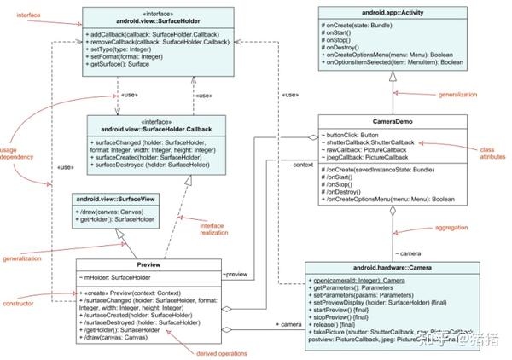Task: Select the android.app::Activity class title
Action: click(392, 14)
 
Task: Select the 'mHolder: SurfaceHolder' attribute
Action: click(116, 277)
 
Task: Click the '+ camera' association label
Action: click(287, 324)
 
